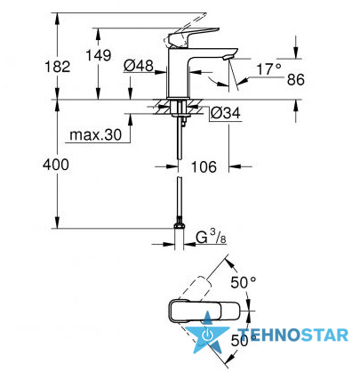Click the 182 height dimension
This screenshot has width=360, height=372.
click(58, 67)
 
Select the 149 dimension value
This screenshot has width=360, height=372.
click(99, 55)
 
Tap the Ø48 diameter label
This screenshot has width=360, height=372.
click(139, 66)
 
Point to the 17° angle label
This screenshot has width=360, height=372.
click(268, 69)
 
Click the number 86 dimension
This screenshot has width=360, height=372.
click(296, 80)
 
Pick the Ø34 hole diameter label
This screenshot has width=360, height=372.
click(225, 113)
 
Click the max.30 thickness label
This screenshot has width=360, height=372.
click(96, 135)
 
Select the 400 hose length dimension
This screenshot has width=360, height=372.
click(56, 165)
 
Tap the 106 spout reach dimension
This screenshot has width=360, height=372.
click(204, 167)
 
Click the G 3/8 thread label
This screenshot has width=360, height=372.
click(211, 237)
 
